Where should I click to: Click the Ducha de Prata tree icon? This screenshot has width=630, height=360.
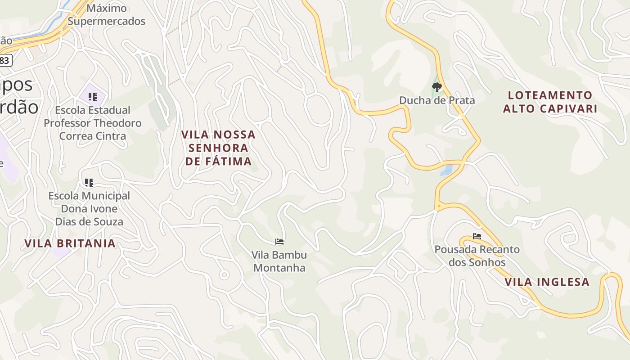click(436, 87)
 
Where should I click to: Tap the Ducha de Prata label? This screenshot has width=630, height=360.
click(437, 100)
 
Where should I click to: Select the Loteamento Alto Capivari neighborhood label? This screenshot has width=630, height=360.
click(550, 102)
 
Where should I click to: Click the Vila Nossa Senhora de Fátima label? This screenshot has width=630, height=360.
click(218, 148)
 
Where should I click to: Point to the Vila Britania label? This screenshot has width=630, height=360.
click(70, 243)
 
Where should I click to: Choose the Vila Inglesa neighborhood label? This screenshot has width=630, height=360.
click(547, 282)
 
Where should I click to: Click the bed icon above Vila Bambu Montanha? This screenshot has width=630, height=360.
click(279, 242)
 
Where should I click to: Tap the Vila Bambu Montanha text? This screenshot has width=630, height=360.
click(279, 261)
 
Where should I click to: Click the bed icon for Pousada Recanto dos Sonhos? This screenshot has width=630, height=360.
click(477, 236)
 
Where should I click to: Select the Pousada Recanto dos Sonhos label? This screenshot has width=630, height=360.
click(477, 256)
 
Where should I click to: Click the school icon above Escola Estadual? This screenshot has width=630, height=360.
click(93, 96)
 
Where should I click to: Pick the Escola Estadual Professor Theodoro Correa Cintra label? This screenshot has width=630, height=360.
click(92, 123)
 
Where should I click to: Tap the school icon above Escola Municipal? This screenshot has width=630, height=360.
click(89, 182)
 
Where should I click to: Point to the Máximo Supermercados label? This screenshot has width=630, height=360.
click(107, 15)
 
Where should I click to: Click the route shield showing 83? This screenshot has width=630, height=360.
click(4, 60)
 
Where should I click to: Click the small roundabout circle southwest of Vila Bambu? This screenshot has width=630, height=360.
click(224, 274)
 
